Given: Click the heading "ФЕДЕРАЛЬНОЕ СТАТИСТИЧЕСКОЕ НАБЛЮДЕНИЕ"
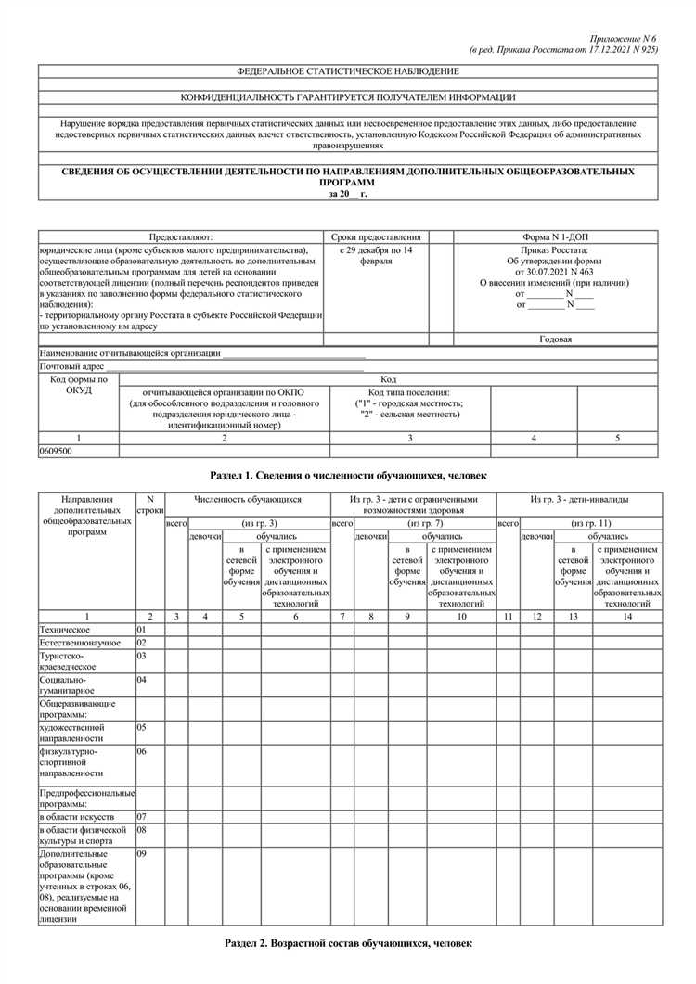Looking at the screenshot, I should click(348, 71).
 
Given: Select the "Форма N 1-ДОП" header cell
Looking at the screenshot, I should click(557, 237).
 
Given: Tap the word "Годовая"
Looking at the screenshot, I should click(556, 339).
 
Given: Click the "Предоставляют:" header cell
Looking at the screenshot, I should click(181, 237).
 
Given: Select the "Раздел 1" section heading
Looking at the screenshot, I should click(348, 475).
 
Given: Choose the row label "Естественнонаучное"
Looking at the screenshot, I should click(79, 642).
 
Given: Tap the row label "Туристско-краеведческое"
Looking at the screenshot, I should click(67, 660).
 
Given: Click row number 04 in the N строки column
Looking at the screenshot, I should click(142, 680).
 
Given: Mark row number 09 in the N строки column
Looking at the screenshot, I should click(142, 853).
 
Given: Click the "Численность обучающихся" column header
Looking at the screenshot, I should click(248, 499).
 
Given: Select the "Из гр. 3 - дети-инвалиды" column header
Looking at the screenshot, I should click(578, 499).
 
